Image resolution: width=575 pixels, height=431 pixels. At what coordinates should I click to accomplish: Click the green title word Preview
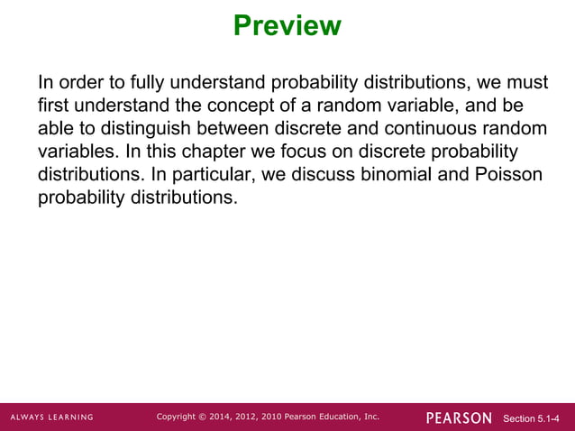tap(287, 25)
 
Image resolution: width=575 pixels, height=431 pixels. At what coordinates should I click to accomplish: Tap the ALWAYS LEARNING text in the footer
tap(52, 417)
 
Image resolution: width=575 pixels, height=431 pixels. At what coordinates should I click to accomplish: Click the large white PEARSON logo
tap(459, 417)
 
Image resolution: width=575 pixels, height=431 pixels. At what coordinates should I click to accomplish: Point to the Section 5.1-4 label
tap(536, 418)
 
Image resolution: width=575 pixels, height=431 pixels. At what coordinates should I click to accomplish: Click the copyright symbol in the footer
tap(201, 417)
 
